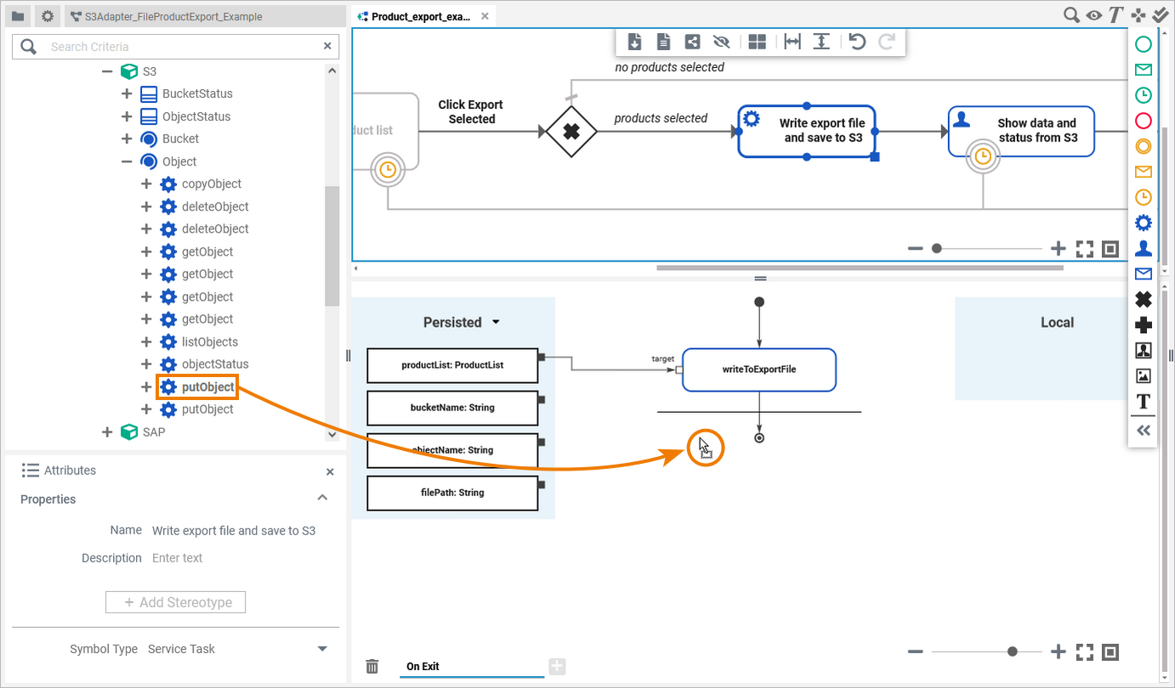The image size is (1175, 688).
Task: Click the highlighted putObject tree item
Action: pyautogui.click(x=207, y=387)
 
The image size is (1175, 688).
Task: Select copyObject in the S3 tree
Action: pyautogui.click(x=211, y=183)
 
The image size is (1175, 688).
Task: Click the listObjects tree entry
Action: pyautogui.click(x=209, y=341)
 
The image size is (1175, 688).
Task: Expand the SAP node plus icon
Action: pyautogui.click(x=107, y=431)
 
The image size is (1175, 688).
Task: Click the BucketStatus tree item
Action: pyautogui.click(x=197, y=93)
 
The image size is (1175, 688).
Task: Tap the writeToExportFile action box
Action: pyautogui.click(x=758, y=369)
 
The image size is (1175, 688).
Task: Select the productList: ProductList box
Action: pyautogui.click(x=452, y=365)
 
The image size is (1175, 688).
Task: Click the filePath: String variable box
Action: pyautogui.click(x=452, y=493)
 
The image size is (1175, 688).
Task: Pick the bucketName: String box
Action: pyautogui.click(x=452, y=408)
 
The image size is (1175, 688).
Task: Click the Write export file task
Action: pyautogui.click(x=806, y=131)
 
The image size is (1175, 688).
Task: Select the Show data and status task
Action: pyautogui.click(x=1021, y=131)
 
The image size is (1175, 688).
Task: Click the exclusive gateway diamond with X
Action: pyautogui.click(x=571, y=132)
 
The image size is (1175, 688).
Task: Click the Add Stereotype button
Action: pyautogui.click(x=175, y=602)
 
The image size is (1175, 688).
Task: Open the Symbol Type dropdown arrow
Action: pyautogui.click(x=322, y=649)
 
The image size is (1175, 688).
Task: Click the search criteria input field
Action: pyautogui.click(x=179, y=47)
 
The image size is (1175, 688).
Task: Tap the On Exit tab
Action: pyautogui.click(x=423, y=667)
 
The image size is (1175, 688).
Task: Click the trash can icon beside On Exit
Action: pyautogui.click(x=372, y=667)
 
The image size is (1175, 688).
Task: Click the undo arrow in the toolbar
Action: pyautogui.click(x=857, y=42)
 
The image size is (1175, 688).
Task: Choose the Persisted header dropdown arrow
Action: pyautogui.click(x=496, y=323)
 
